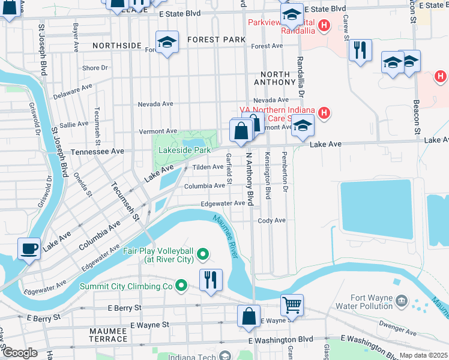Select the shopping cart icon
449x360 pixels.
292,304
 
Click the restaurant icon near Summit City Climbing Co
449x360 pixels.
211,280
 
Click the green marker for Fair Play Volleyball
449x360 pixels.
203,255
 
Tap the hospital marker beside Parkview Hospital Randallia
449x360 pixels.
324,25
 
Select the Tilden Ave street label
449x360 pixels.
207,167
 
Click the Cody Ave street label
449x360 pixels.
271,221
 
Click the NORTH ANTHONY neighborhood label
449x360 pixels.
271,78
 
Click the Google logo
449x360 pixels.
19,353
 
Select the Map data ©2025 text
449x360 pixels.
424,355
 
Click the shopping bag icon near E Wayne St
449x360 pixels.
249,316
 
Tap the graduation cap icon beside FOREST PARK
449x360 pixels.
167,42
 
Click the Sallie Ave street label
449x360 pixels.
74,124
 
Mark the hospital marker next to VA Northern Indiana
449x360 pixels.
324,112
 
